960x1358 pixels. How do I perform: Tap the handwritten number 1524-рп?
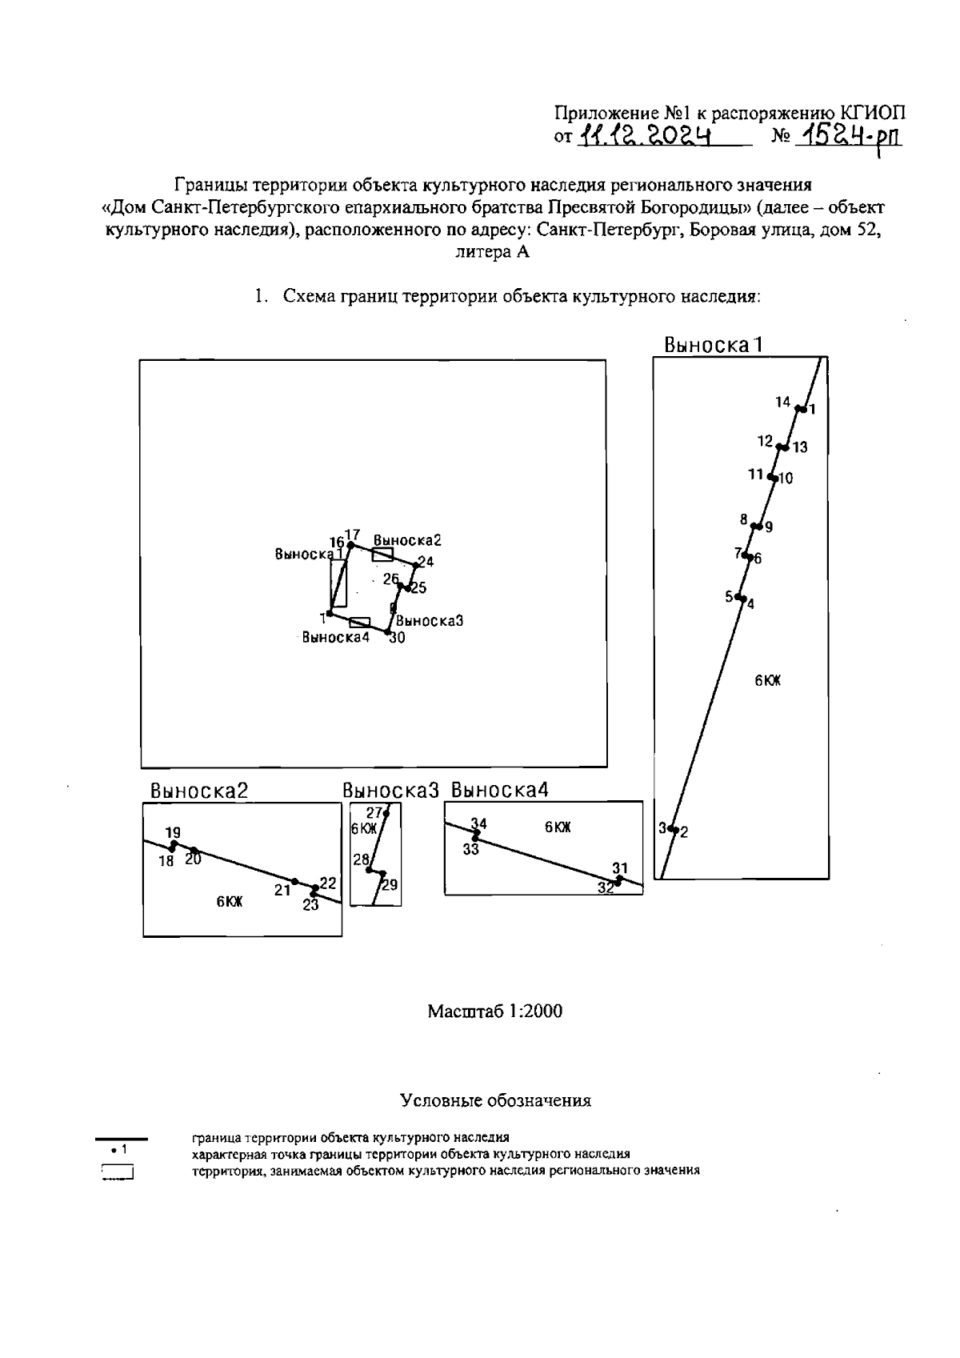tap(850, 137)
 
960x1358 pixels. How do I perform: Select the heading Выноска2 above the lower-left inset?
tap(199, 791)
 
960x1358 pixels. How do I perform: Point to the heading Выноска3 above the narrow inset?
tap(391, 791)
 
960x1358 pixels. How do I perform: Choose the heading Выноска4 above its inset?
tap(500, 791)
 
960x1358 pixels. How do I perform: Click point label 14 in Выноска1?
tap(782, 402)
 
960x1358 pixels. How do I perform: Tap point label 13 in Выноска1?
tap(800, 447)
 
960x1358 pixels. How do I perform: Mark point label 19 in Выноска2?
tap(173, 833)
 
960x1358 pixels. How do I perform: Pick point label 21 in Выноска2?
tap(282, 890)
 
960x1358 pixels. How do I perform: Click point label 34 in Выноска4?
tap(478, 823)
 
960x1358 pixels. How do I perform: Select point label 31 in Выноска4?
tap(620, 868)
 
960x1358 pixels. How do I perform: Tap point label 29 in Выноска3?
tap(390, 885)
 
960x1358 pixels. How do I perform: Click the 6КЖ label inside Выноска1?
tap(767, 681)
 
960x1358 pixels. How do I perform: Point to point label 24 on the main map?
tap(426, 562)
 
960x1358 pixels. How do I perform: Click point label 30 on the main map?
tap(397, 638)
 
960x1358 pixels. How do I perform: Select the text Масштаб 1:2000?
tap(494, 1011)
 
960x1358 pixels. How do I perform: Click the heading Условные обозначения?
tap(495, 1100)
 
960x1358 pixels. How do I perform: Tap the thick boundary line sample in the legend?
tap(122, 1138)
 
